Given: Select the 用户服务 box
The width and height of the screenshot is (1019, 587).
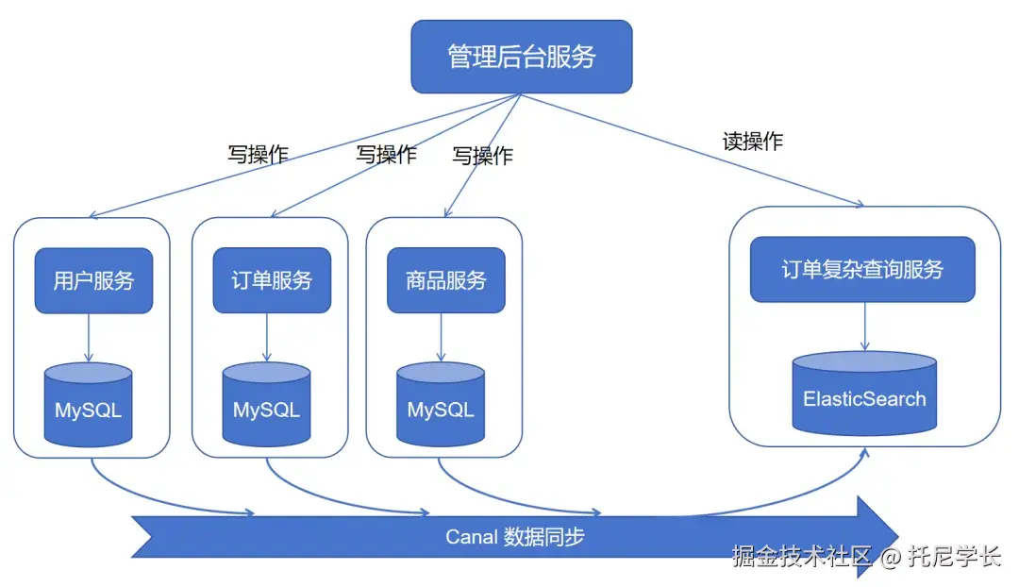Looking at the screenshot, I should [93, 280].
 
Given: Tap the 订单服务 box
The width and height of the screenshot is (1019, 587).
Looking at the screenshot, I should [272, 280].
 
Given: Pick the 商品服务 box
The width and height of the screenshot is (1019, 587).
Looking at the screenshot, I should [445, 280].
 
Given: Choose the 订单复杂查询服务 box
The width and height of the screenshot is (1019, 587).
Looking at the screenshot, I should [861, 270].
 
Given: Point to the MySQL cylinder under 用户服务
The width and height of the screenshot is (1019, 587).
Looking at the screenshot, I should [88, 407].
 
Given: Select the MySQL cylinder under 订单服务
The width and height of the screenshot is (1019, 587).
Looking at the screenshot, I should [266, 407].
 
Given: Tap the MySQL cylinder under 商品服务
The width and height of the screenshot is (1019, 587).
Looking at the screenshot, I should [441, 407].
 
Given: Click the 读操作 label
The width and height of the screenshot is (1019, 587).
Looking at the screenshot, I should [752, 142].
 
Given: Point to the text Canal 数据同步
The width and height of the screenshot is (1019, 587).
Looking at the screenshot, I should [514, 537].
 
